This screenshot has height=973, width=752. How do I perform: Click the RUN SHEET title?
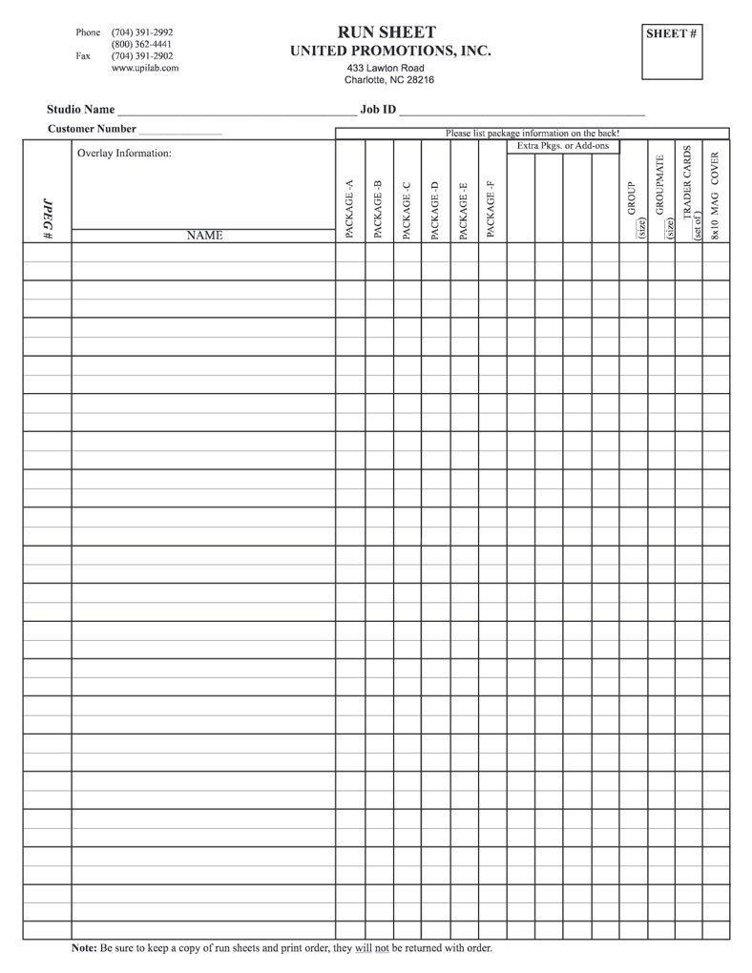pos(386,32)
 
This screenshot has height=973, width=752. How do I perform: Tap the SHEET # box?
pos(679,50)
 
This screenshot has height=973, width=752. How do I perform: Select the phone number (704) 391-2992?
pos(142,32)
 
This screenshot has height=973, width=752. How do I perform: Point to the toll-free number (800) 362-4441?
pos(142,44)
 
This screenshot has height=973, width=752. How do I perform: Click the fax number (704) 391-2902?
pos(142,55)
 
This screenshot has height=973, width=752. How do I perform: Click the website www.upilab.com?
pos(145,68)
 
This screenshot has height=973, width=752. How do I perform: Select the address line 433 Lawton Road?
pos(386,69)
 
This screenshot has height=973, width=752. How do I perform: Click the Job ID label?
pos(378,110)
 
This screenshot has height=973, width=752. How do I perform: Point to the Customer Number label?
pos(92,129)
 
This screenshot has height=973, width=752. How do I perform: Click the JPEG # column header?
pos(48,218)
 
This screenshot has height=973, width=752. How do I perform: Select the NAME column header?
pos(204,235)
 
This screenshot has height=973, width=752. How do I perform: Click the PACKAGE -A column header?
pos(349,209)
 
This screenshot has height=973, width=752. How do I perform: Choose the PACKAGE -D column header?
pos(434,209)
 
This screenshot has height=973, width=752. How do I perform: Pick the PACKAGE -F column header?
pos(491,209)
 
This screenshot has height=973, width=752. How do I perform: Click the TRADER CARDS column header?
pos(688,191)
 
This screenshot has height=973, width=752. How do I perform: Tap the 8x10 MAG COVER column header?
pos(716,196)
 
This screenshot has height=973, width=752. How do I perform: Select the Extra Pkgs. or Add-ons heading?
pos(563,146)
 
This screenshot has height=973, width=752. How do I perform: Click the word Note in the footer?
pos(84,950)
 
